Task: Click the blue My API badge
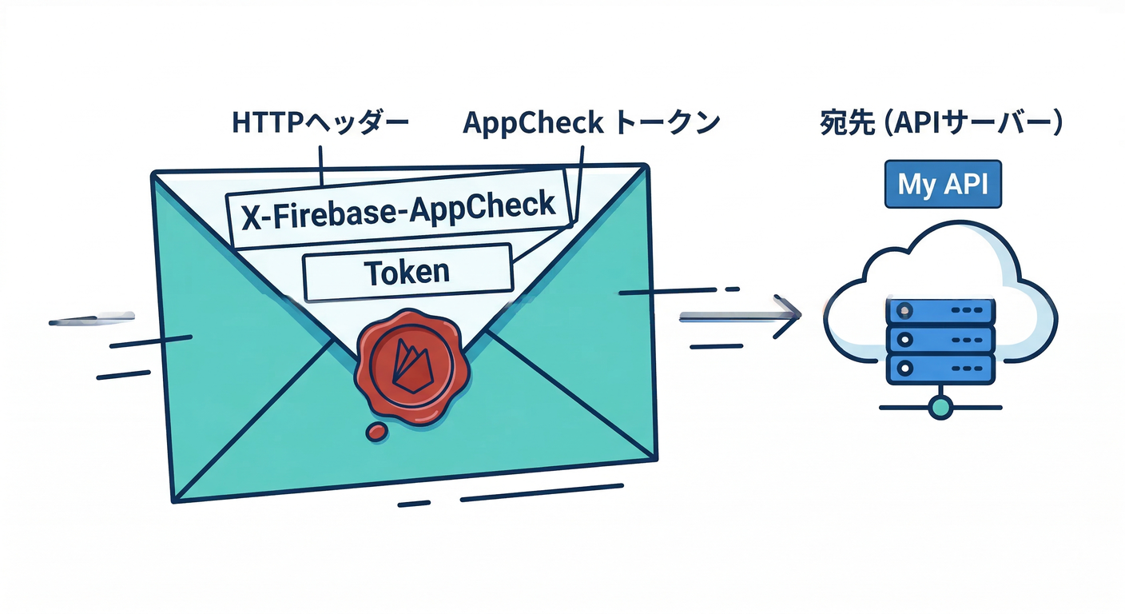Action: click(x=942, y=184)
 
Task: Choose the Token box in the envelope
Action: click(x=407, y=273)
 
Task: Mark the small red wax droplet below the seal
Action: click(x=376, y=433)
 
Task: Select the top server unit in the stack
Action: click(x=940, y=309)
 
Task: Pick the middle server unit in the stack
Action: click(x=940, y=339)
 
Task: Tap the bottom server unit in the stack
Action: click(x=940, y=369)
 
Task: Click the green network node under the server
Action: click(x=941, y=408)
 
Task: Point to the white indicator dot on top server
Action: click(x=904, y=310)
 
